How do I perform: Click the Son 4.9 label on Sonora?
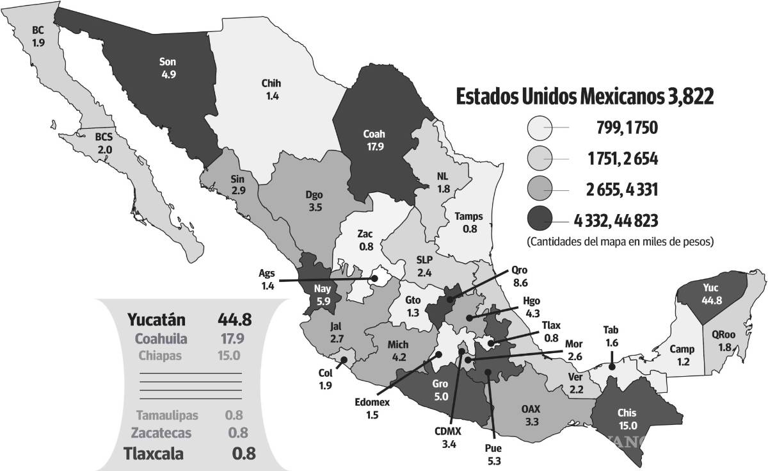pos(168,69)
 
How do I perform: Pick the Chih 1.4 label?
pos(271,88)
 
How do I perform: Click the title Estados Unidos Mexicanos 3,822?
pos(584,97)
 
